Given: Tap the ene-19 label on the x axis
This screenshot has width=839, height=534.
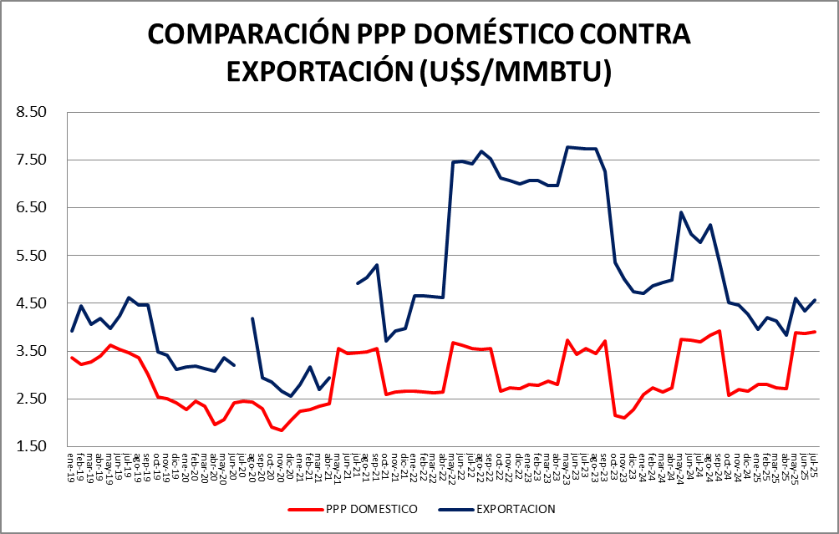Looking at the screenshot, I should point(72,462).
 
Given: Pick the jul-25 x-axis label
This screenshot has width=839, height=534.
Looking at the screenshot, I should point(815,462).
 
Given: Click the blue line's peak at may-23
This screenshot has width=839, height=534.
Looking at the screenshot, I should point(567,147).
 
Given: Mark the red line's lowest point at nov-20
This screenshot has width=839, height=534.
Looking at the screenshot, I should point(282,430).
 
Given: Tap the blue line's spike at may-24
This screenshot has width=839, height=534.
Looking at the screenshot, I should point(682,212).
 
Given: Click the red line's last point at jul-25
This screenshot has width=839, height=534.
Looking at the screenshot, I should point(815,332).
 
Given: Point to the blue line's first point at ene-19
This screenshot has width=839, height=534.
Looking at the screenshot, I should point(72,331).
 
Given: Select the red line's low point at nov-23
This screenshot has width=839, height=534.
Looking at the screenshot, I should point(624,418).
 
